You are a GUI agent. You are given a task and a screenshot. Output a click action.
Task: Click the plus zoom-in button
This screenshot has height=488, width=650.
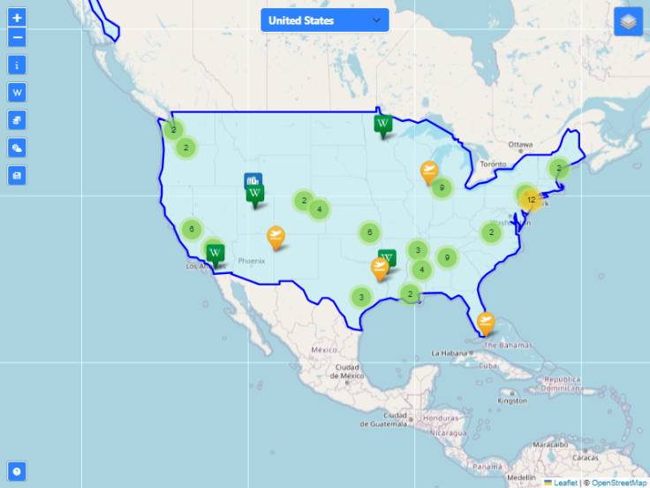tap(18, 18)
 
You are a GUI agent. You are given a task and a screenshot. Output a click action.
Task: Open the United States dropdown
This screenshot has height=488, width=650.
tap(324, 20)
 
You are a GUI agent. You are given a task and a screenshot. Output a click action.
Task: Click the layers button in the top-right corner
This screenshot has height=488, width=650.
tap(628, 21)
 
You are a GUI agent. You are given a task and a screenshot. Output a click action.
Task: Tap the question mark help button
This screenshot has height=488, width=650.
tap(17, 471)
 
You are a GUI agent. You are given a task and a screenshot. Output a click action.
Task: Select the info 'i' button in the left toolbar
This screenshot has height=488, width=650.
tap(18, 65)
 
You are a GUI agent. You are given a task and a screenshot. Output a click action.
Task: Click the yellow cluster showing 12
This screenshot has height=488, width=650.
tap(530, 201)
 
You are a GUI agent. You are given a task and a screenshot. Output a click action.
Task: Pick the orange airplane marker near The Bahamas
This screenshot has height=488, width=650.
tap(485, 322)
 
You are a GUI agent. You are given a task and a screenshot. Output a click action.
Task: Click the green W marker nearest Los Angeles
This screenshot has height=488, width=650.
tap(215, 254)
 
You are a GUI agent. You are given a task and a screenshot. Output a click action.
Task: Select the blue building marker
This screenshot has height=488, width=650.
tap(253, 181)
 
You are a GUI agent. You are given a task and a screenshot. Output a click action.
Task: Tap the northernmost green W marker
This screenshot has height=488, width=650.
tap(382, 126)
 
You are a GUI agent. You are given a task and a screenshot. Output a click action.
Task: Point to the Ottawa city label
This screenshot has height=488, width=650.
tap(520, 145)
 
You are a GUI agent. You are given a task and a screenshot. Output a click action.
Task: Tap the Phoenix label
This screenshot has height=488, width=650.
tap(252, 261)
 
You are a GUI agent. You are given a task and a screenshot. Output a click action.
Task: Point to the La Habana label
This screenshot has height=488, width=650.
tap(448, 353)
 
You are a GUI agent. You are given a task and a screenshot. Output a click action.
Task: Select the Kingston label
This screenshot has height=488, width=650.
tap(512, 400)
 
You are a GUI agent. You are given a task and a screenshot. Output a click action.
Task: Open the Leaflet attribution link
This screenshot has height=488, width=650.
tap(564, 483)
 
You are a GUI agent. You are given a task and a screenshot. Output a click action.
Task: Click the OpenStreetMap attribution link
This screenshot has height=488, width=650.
tap(619, 483)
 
